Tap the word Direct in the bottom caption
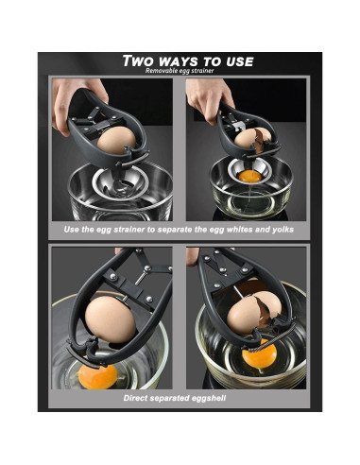[141, 398]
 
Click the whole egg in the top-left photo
[118, 142]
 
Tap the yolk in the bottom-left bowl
[99, 373]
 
